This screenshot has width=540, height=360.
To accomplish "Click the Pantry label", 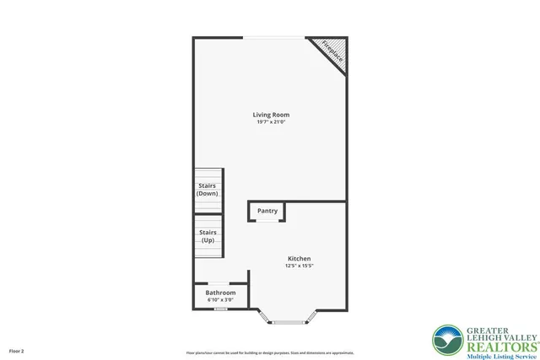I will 267,211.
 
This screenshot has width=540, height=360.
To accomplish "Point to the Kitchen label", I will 299,258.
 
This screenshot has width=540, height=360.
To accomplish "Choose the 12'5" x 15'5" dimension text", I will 299,266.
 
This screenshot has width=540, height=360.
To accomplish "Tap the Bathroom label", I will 220,293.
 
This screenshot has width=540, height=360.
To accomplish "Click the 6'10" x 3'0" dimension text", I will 220,300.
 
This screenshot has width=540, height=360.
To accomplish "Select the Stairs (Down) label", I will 208,189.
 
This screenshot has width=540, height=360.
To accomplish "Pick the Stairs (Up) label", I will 208,235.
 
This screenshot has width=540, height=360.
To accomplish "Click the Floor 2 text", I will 17,350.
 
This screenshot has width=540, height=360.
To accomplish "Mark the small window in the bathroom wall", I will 220,309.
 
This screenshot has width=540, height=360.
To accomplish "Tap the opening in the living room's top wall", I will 274,38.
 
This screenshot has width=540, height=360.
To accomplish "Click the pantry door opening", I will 267,221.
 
